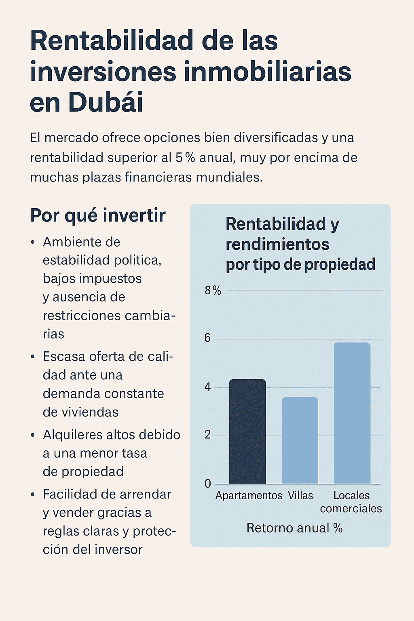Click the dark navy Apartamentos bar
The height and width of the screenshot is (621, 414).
(247, 431)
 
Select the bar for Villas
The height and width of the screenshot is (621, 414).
(300, 440)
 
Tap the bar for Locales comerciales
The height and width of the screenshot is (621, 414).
(352, 413)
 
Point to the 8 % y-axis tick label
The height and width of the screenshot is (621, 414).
(213, 290)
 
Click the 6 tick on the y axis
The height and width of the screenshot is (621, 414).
(208, 338)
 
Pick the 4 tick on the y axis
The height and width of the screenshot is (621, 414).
(208, 387)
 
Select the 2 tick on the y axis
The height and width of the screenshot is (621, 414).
(208, 435)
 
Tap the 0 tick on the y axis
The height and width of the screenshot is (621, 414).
(208, 484)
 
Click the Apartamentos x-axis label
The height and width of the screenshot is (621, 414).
(249, 496)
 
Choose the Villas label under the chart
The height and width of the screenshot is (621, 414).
(300, 496)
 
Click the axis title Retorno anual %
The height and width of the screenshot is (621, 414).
(294, 528)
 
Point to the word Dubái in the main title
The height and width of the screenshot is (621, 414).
(106, 102)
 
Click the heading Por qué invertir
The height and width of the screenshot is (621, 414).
(98, 215)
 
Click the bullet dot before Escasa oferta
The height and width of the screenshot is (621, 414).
(33, 357)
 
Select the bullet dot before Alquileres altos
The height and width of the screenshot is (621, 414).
(33, 435)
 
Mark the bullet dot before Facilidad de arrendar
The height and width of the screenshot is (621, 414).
(33, 494)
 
